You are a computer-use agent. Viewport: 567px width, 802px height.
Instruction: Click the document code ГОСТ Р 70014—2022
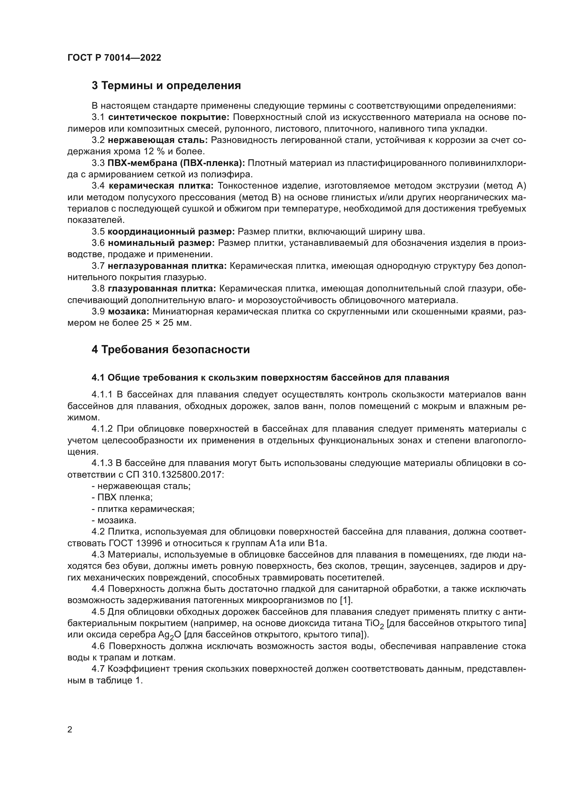(x=114, y=58)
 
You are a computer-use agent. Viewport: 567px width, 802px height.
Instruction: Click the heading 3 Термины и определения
(x=166, y=86)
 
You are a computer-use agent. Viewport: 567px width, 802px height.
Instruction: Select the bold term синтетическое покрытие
(x=169, y=117)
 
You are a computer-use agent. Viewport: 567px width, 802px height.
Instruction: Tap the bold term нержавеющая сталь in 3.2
(x=158, y=141)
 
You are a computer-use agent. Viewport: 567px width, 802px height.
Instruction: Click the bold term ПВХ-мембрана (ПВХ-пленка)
(x=176, y=163)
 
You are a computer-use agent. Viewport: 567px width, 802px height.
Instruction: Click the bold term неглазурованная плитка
(x=167, y=266)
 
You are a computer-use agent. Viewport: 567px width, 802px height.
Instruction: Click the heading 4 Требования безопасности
(x=171, y=350)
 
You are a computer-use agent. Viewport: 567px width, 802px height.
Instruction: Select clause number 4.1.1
(x=102, y=395)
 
